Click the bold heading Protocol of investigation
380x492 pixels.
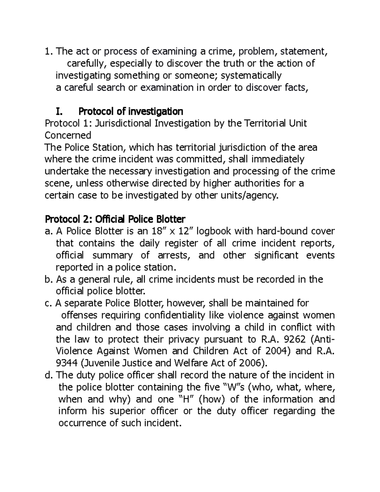[130, 112]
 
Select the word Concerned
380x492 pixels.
[68, 135]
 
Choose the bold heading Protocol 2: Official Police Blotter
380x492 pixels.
[115, 219]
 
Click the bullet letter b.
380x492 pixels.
[48, 279]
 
